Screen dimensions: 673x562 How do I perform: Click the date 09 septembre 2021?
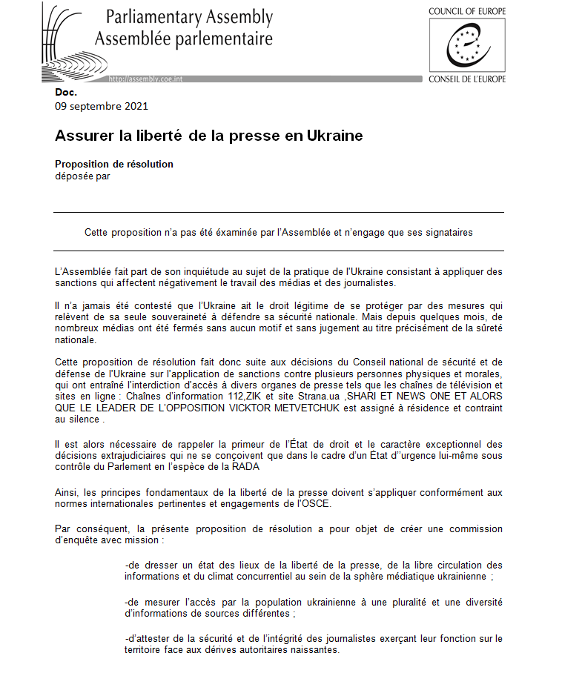102,105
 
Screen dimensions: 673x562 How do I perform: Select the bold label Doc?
66,93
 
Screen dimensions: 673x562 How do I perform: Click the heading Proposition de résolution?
114,164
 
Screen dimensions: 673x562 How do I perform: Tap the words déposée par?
82,176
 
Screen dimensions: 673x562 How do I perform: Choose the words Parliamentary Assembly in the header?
189,17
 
